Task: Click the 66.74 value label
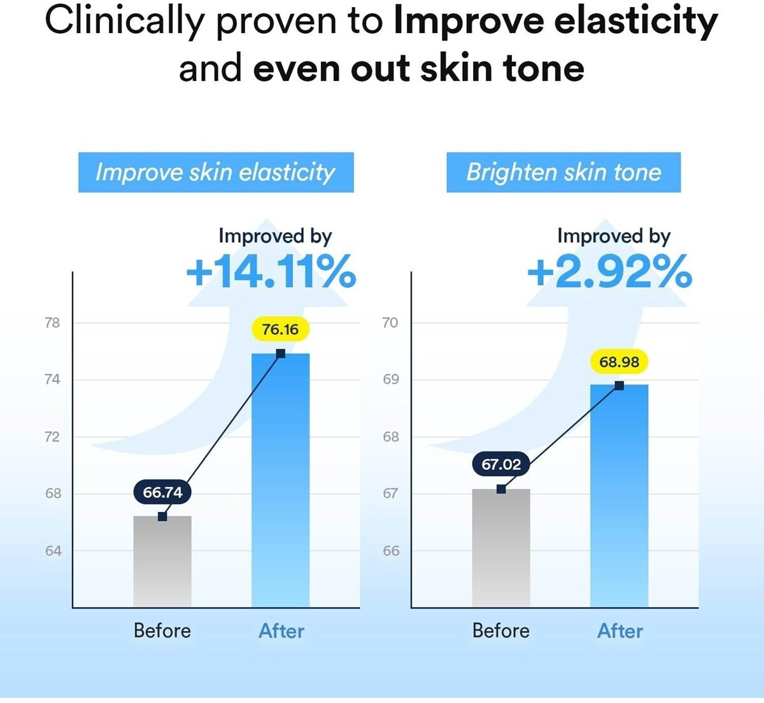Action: point(162,492)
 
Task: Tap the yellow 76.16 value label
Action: point(280,329)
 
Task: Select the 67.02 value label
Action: point(501,464)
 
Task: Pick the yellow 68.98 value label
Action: point(619,362)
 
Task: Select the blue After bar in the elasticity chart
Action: point(280,484)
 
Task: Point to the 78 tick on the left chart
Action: point(52,323)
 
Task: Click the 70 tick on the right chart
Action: point(390,323)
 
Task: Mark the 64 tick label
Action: point(53,551)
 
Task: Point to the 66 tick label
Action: point(392,551)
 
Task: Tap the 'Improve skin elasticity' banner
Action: point(216,173)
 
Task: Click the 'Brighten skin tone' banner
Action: point(563,173)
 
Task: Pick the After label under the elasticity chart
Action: point(281,631)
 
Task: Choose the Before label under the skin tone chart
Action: point(501,631)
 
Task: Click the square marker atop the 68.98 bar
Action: point(619,385)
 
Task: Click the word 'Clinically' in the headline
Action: point(125,21)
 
